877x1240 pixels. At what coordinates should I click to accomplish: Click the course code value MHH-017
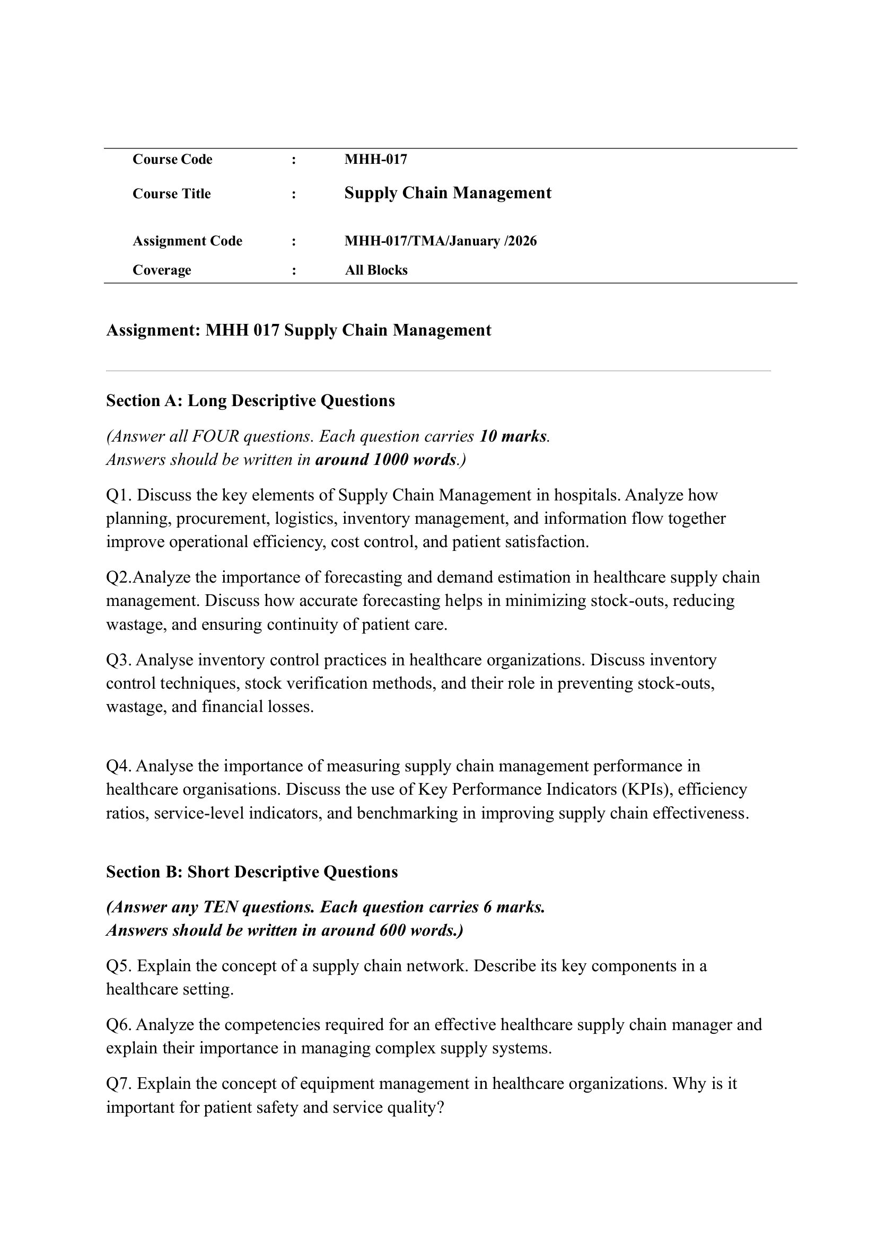(x=375, y=160)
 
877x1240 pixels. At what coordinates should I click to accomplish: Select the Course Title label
(x=171, y=194)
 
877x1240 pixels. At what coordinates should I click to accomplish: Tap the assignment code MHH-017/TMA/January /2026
(x=440, y=241)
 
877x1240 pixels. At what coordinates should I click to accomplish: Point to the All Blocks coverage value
(x=376, y=270)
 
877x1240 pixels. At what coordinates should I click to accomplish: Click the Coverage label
(x=162, y=270)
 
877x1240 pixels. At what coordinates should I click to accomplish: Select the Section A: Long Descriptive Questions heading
(x=250, y=401)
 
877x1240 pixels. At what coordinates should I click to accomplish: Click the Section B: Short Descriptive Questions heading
(x=252, y=872)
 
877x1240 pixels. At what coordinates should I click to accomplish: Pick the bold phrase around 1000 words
(x=385, y=460)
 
